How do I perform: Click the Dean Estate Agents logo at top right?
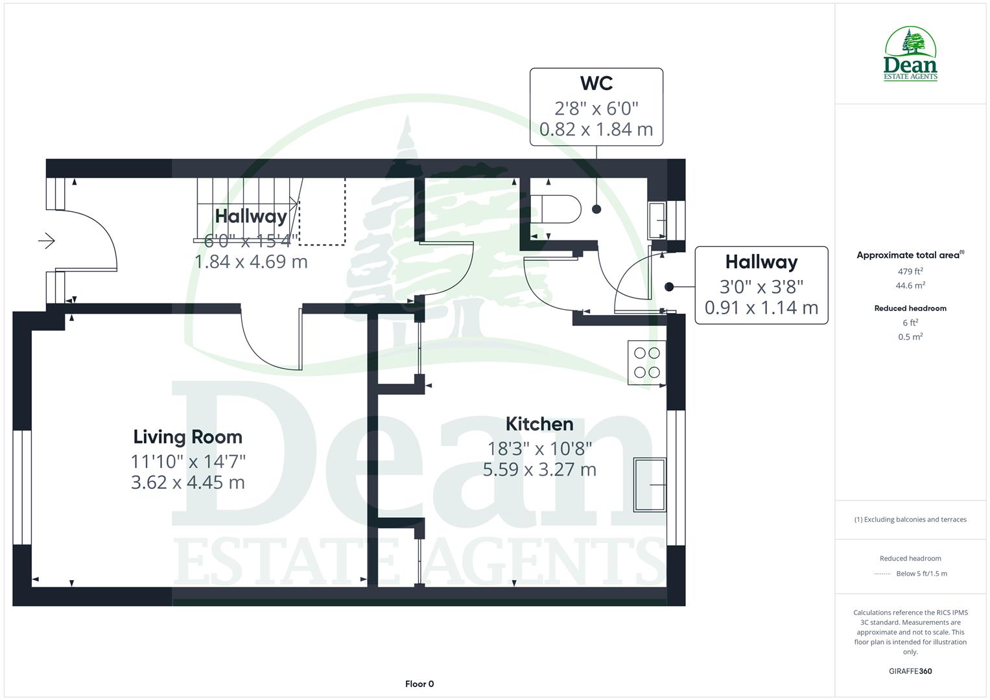pyautogui.click(x=910, y=54)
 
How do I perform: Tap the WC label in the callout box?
pyautogui.click(x=596, y=84)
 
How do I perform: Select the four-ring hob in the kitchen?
pyautogui.click(x=646, y=362)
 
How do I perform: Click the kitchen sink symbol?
pyautogui.click(x=650, y=484)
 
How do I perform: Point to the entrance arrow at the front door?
pyautogui.click(x=47, y=241)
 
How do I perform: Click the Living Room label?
pyautogui.click(x=187, y=437)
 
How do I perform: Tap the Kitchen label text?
pyautogui.click(x=539, y=424)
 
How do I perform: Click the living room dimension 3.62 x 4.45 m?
pyautogui.click(x=187, y=482)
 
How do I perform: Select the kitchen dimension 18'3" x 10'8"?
pyautogui.click(x=539, y=448)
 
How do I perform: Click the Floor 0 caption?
pyautogui.click(x=419, y=684)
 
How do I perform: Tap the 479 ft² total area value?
pyautogui.click(x=910, y=272)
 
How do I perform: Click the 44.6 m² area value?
pyautogui.click(x=910, y=285)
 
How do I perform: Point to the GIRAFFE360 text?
pyautogui.click(x=910, y=671)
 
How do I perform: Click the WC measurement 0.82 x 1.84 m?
pyautogui.click(x=596, y=129)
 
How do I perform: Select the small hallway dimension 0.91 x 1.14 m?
pyautogui.click(x=761, y=307)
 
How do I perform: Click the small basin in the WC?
pyautogui.click(x=657, y=221)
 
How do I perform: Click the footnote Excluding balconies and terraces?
pyautogui.click(x=910, y=519)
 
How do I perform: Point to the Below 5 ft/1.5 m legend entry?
pyautogui.click(x=921, y=574)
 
